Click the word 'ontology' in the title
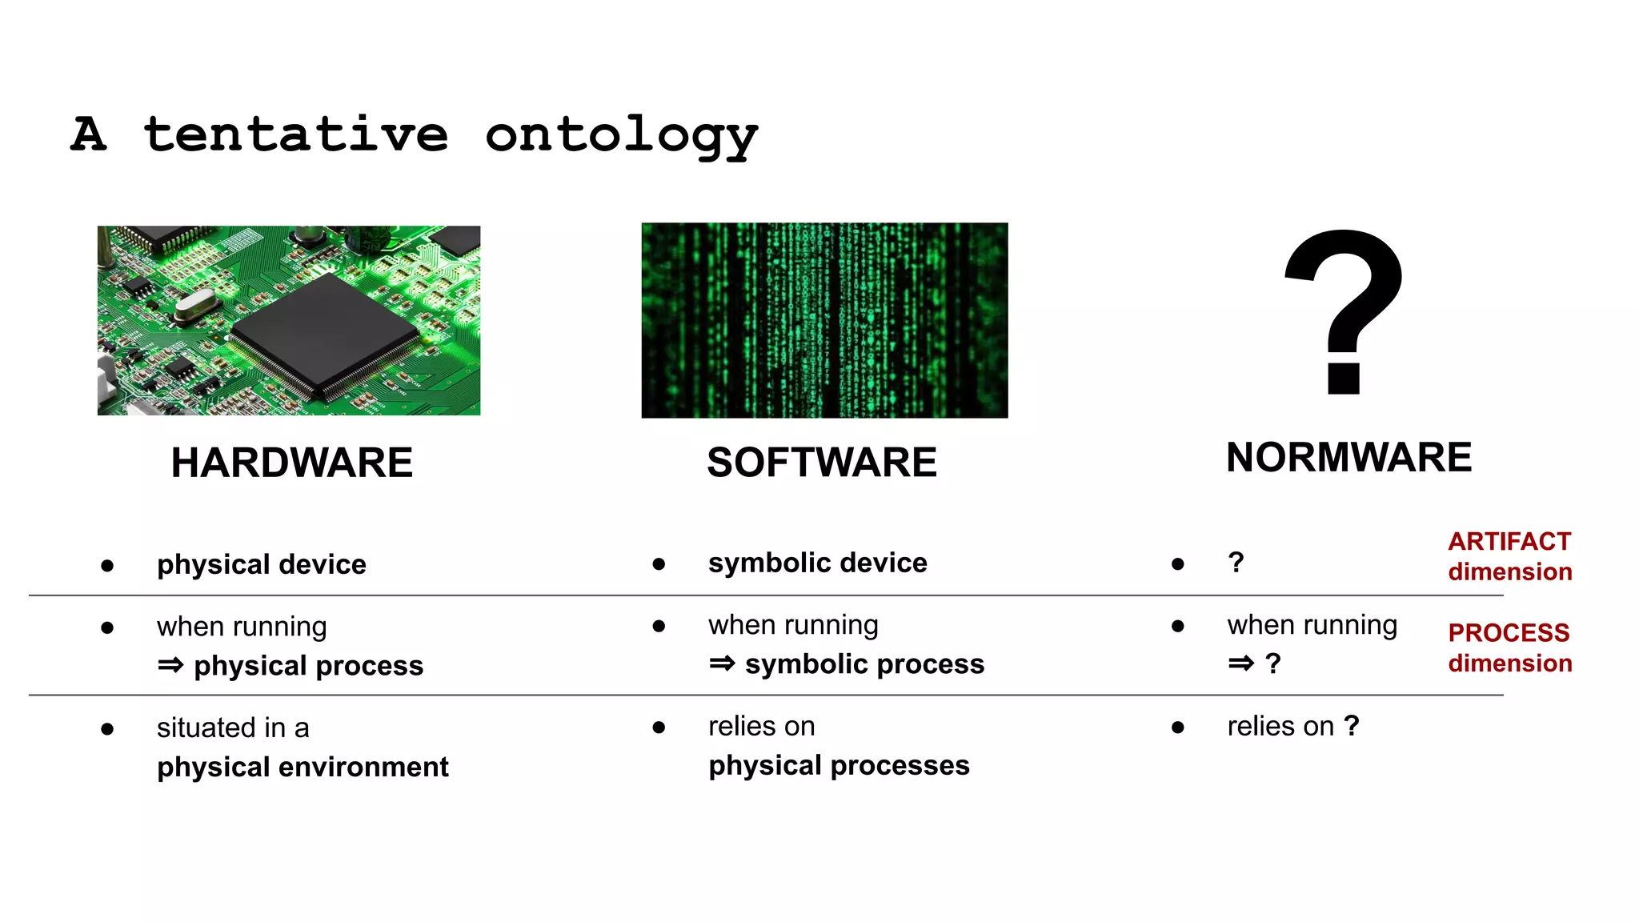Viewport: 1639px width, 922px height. point(621,135)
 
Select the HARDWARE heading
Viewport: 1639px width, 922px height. point(291,463)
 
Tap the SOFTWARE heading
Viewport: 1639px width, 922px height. point(821,463)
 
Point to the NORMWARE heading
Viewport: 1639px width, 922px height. point(1348,458)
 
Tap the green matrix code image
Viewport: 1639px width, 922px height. point(824,320)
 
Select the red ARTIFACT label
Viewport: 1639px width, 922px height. point(1509,542)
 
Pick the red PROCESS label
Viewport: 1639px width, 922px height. point(1509,633)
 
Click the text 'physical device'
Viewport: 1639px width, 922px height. point(261,564)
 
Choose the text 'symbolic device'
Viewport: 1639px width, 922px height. point(817,563)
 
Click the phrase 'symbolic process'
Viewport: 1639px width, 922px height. point(864,664)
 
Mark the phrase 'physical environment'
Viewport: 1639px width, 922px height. point(303,767)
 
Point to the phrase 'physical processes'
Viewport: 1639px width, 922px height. point(839,765)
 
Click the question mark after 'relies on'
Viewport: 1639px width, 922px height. point(1352,726)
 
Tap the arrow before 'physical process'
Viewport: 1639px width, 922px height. point(170,665)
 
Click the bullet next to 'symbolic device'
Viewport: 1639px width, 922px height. point(659,564)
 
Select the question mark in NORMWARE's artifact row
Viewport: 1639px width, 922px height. point(1236,562)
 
